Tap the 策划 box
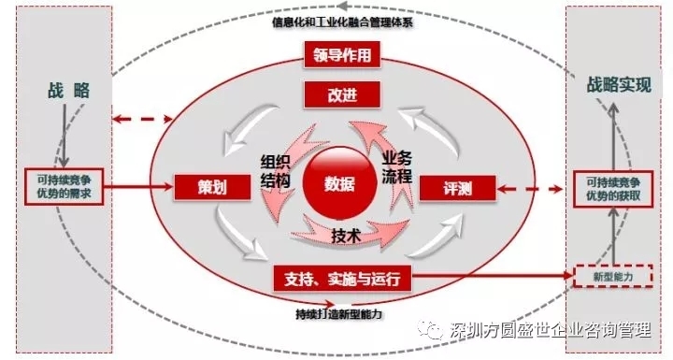(x=201, y=186)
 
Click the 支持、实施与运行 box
(x=341, y=278)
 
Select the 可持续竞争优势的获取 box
(x=612, y=188)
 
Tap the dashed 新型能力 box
(x=612, y=277)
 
